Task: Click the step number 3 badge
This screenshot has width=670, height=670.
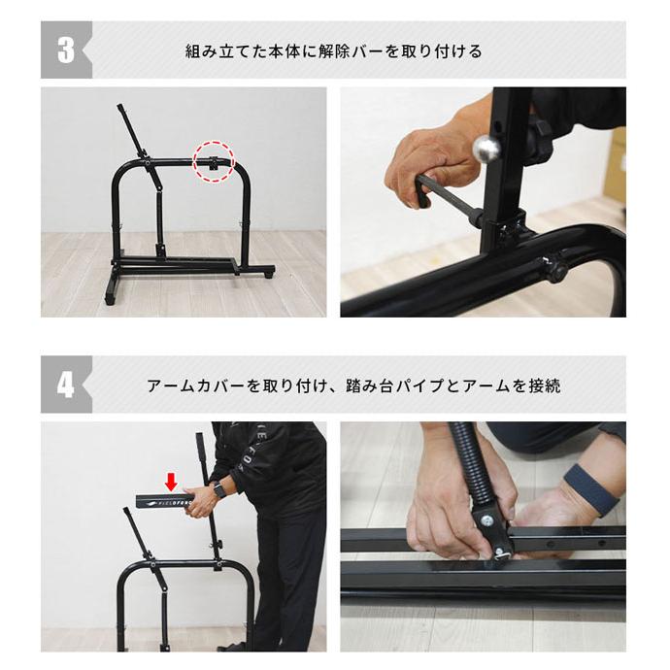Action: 66,50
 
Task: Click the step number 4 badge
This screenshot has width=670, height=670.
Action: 66,385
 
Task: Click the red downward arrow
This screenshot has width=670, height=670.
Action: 171,482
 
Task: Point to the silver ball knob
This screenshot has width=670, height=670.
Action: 486,149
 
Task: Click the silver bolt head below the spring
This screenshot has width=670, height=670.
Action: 487,520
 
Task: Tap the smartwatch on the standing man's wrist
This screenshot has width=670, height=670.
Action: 219,488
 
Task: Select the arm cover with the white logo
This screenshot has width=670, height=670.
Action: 164,501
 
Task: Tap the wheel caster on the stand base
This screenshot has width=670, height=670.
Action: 268,272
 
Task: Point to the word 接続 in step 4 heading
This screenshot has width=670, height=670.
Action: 544,385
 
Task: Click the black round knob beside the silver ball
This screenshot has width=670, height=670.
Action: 540,144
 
